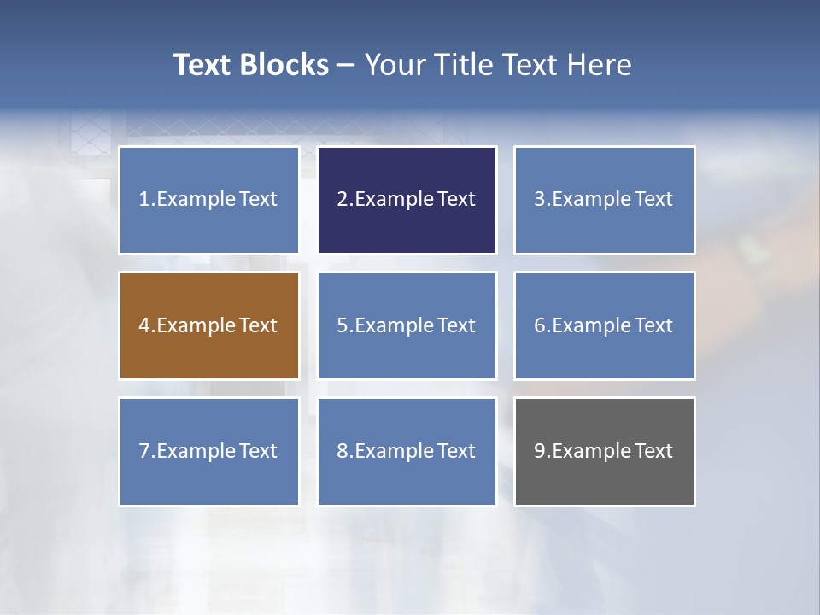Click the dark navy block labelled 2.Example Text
click(x=407, y=200)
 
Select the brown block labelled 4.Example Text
click(x=208, y=325)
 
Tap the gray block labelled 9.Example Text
click(x=604, y=451)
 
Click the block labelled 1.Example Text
click(x=208, y=200)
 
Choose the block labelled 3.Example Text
click(x=604, y=200)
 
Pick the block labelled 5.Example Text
click(x=407, y=325)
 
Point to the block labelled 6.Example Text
click(x=604, y=325)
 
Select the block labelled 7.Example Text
click(x=208, y=451)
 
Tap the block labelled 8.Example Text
click(x=407, y=451)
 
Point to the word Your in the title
click(x=395, y=65)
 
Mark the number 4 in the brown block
click(x=144, y=325)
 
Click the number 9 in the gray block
click(x=540, y=451)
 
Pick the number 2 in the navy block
click(x=342, y=200)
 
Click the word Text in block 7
click(x=258, y=451)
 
